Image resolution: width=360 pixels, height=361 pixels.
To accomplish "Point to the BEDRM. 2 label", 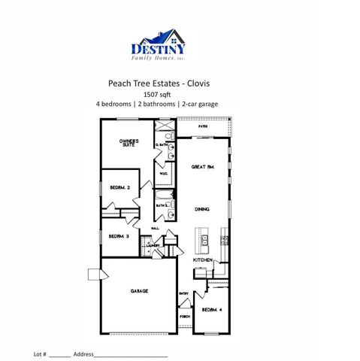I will [x=121, y=187].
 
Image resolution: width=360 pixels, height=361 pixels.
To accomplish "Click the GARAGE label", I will [x=138, y=290].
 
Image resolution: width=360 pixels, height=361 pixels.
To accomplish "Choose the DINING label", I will [x=202, y=209].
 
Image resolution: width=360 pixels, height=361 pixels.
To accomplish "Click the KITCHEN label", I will [x=203, y=259].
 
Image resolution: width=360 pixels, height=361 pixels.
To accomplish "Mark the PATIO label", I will [x=203, y=127].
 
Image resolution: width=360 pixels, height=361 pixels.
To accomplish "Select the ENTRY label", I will [x=183, y=293].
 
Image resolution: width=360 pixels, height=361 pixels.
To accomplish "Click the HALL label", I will [x=156, y=228].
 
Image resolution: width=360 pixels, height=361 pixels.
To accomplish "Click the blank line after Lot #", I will [x=61, y=353].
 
